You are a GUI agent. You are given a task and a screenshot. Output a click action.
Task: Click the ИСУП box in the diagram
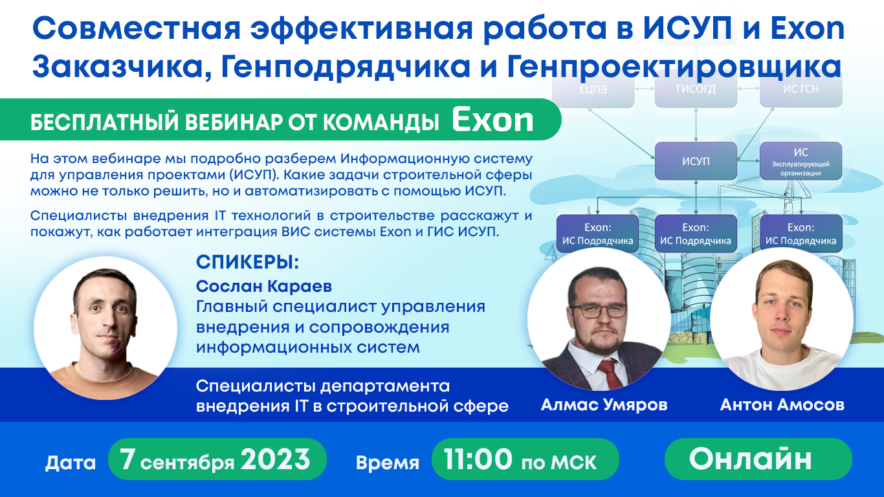696,161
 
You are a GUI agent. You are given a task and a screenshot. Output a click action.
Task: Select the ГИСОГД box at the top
696,89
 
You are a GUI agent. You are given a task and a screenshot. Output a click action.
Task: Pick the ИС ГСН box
801,89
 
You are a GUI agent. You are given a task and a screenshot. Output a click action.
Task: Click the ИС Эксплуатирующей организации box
801,161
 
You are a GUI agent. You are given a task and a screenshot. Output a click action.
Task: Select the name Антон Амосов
782,406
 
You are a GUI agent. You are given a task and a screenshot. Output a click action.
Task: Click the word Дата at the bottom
71,463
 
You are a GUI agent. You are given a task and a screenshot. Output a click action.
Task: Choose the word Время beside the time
387,463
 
